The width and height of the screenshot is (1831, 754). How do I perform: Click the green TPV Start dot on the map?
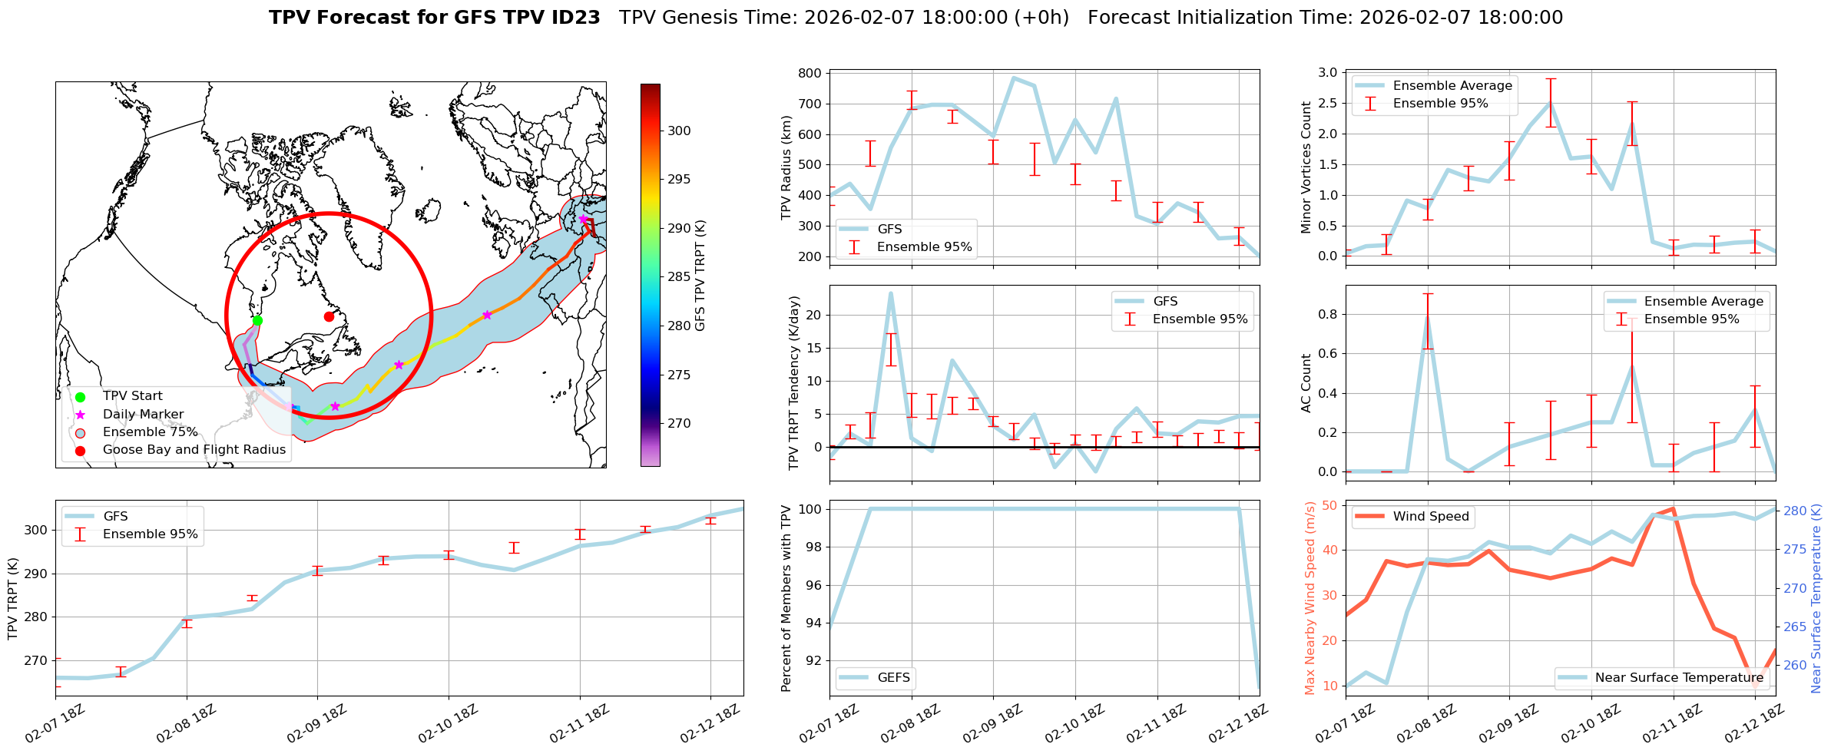(x=257, y=320)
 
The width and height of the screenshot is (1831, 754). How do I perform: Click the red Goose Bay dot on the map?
(x=329, y=316)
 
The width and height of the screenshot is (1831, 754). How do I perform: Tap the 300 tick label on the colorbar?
(x=679, y=131)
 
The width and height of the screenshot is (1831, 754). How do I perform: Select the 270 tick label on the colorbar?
(x=679, y=423)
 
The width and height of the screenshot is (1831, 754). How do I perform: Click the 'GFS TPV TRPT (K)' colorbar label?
(x=700, y=276)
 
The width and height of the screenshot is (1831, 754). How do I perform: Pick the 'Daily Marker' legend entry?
(x=143, y=414)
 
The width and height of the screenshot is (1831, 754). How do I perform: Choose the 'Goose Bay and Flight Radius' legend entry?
(x=194, y=450)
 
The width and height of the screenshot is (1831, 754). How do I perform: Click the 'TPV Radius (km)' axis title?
(x=786, y=167)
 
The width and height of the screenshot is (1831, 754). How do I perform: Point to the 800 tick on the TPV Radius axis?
(x=811, y=74)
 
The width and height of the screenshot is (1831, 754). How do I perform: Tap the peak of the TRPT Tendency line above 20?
(x=891, y=293)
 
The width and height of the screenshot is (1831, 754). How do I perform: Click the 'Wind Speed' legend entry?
(x=1431, y=516)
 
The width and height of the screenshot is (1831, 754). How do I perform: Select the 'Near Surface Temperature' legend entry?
(x=1678, y=677)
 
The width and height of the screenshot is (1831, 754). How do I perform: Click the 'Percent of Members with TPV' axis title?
(x=786, y=598)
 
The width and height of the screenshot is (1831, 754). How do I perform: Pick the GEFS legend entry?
(x=893, y=677)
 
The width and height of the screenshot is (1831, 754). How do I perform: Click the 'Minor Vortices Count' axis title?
(x=1306, y=167)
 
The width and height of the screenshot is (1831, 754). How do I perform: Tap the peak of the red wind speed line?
(x=1673, y=508)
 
